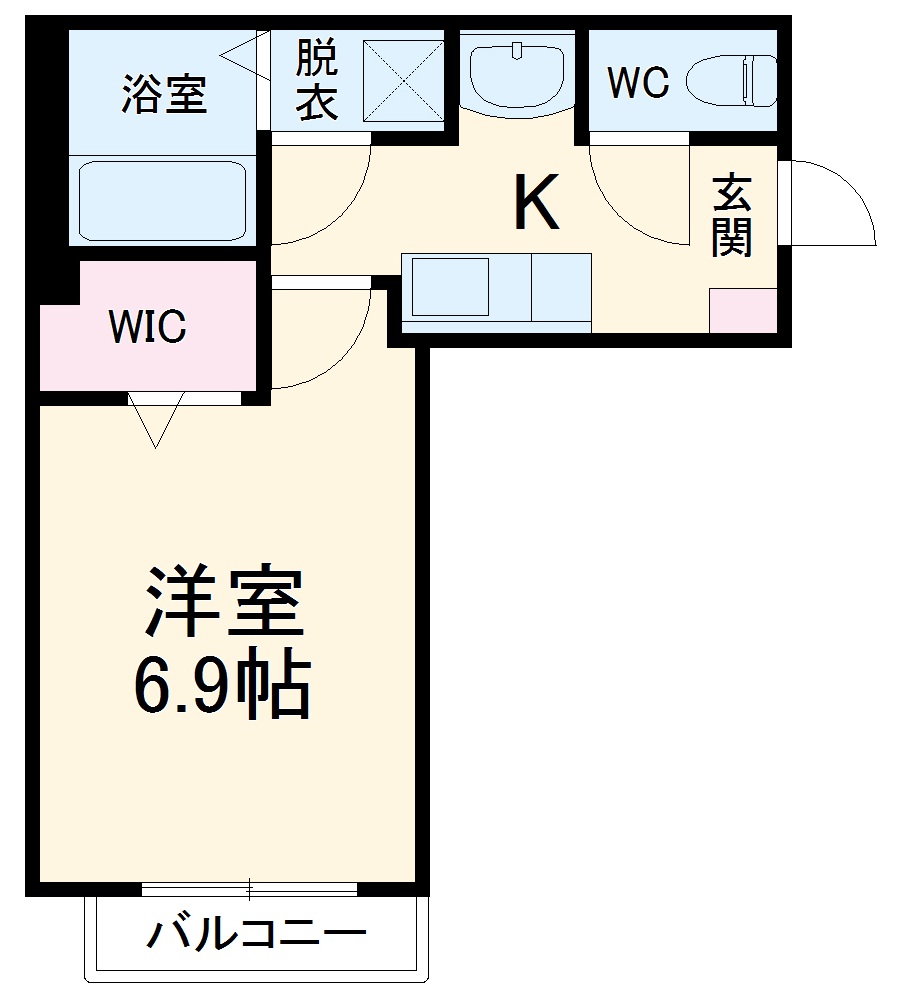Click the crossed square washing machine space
tap(403, 82)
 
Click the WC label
tap(638, 83)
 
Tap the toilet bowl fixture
tap(733, 80)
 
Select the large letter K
tap(535, 203)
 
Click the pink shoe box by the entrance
tap(743, 311)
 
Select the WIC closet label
tap(147, 326)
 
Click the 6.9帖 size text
tap(222, 687)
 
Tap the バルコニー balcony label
tap(257, 934)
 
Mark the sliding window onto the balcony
tap(250, 887)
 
